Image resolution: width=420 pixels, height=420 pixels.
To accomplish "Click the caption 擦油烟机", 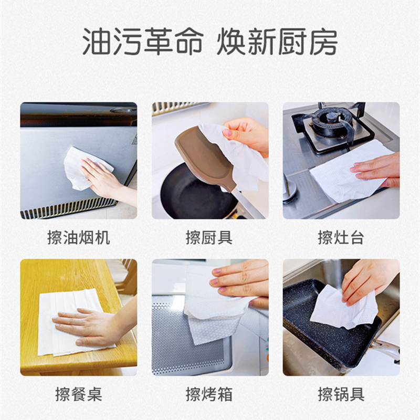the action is tap(78, 237).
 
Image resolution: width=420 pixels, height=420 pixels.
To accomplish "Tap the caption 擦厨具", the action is tap(209, 237).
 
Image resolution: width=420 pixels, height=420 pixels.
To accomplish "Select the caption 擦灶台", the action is tap(341, 237).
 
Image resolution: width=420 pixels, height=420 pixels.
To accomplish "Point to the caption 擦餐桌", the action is tap(78, 394).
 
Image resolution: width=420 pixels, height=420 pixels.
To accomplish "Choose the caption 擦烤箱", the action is tap(209, 394).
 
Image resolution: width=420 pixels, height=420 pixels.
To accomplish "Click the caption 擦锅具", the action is tap(341, 394).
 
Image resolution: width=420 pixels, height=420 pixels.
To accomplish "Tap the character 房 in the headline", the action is tap(322, 41).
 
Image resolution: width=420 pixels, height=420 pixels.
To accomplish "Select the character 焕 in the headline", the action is tap(232, 41).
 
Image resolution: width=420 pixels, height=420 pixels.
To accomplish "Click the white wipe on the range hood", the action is tap(83, 169).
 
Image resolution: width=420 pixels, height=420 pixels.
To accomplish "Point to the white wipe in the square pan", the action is tap(343, 308).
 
